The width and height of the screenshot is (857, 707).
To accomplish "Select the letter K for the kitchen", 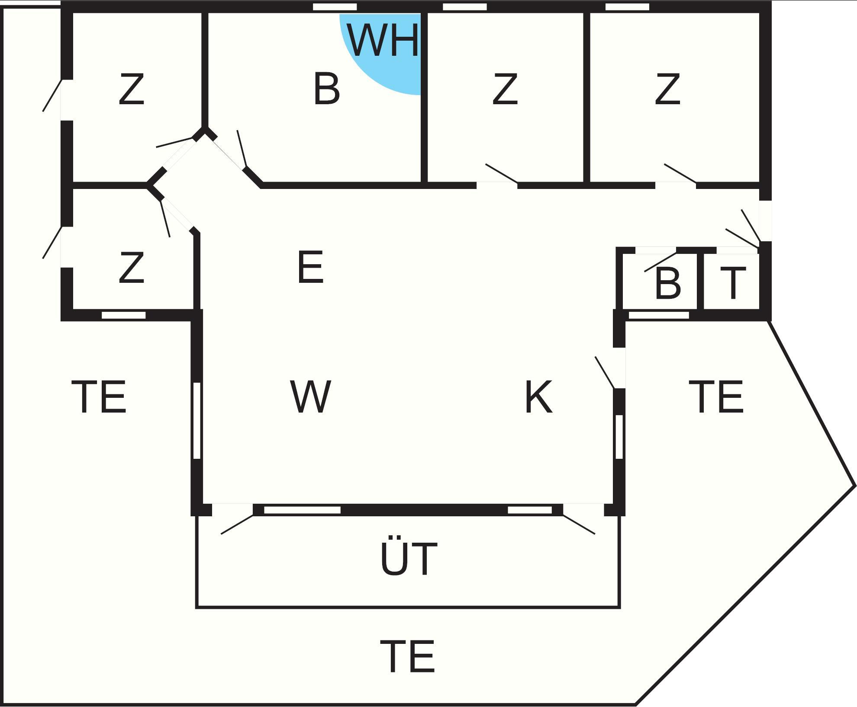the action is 538,397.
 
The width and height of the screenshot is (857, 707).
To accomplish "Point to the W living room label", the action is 311,397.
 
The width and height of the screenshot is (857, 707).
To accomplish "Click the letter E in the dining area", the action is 310,267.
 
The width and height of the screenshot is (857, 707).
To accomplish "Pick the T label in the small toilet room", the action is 733,283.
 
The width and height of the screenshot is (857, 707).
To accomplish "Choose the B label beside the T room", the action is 668,283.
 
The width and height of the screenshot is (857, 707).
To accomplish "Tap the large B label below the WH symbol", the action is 326,89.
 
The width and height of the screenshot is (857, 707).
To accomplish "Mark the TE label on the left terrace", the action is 99,397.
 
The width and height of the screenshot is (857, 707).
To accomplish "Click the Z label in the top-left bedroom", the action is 131,89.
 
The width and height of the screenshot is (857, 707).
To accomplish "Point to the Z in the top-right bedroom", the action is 667,89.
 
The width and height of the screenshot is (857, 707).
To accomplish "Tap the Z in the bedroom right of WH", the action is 505,89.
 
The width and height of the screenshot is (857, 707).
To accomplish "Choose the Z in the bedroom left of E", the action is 131,268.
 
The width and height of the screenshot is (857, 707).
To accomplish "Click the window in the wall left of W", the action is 197,420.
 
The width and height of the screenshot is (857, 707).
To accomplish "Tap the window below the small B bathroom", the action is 659,315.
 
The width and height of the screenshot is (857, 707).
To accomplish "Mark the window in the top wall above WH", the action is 335,7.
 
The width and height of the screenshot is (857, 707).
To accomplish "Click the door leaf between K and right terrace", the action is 605,372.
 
